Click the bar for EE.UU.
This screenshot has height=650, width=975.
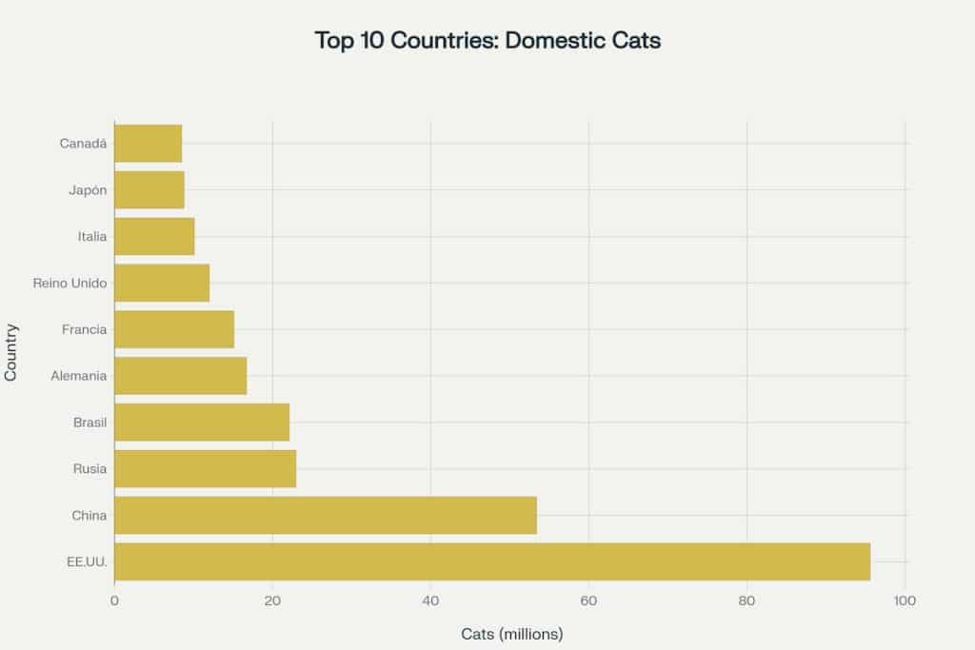point(492,561)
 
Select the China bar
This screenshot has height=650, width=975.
point(326,515)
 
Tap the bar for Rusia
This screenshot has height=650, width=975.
point(205,468)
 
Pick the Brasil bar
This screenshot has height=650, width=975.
point(202,422)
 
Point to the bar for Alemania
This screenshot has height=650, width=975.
point(180,376)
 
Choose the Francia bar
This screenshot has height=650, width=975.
point(174,329)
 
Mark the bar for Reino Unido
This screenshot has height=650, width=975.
point(162,283)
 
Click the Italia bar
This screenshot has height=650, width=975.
point(154,236)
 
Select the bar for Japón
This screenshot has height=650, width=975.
point(149,190)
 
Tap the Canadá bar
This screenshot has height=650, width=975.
point(148,144)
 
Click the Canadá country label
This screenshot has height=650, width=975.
point(83,144)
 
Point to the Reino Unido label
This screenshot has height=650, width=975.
point(70,283)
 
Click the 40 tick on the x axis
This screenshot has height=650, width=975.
point(430,601)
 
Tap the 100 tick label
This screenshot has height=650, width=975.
point(905,601)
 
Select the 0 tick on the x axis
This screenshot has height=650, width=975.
point(114,601)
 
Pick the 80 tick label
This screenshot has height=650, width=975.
point(746,601)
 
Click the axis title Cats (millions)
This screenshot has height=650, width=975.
point(511,634)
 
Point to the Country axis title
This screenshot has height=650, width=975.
point(11,353)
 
